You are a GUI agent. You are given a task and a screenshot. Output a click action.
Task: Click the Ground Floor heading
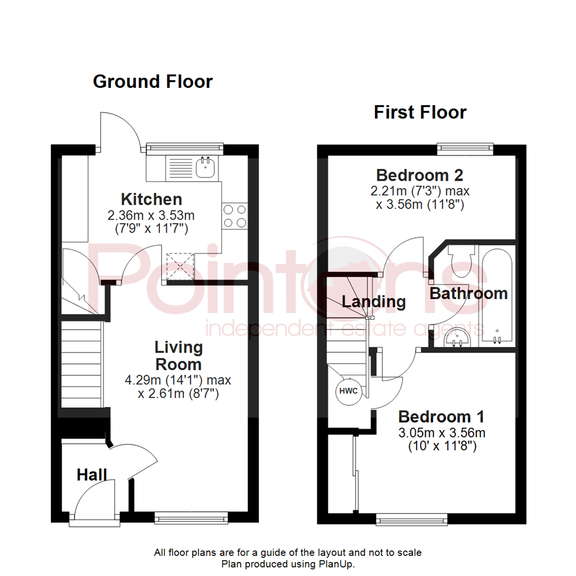pyautogui.click(x=153, y=82)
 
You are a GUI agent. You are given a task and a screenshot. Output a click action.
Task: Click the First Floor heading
pyautogui.click(x=420, y=113)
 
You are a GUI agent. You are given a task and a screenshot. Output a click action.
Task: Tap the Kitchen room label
pyautogui.click(x=151, y=199)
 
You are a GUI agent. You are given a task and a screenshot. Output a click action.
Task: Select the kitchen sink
pyautogui.click(x=205, y=167)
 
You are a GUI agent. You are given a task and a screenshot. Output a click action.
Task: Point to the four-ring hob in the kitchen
pyautogui.click(x=235, y=215)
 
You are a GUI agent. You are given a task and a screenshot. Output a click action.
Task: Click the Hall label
pyautogui.click(x=92, y=474)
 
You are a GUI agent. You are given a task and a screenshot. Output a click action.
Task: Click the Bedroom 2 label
pyautogui.click(x=419, y=174)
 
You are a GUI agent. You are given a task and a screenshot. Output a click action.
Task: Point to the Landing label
pyautogui.click(x=373, y=302)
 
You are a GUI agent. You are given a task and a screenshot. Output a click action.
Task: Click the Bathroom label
pyautogui.click(x=468, y=293)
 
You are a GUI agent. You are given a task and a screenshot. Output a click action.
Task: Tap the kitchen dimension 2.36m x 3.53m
pyautogui.click(x=151, y=215)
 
